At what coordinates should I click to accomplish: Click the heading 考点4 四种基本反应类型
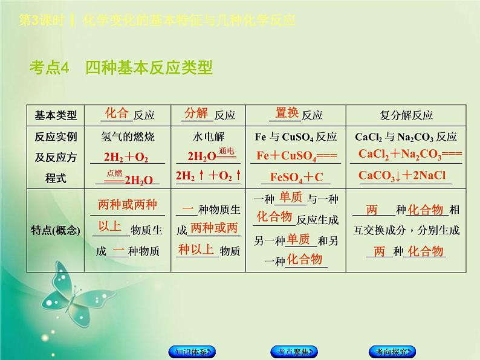(x=121, y=68)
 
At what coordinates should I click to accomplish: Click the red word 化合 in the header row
(x=117, y=113)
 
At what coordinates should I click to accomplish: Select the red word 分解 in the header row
(x=196, y=113)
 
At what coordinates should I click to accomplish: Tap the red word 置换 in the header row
(x=287, y=113)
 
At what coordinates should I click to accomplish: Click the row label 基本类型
(x=56, y=115)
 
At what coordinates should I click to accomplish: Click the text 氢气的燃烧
(x=128, y=136)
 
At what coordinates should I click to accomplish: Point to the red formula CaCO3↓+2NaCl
(x=401, y=176)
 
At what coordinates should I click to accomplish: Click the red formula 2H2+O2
(x=126, y=157)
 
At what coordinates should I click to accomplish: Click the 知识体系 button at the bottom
(x=190, y=352)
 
